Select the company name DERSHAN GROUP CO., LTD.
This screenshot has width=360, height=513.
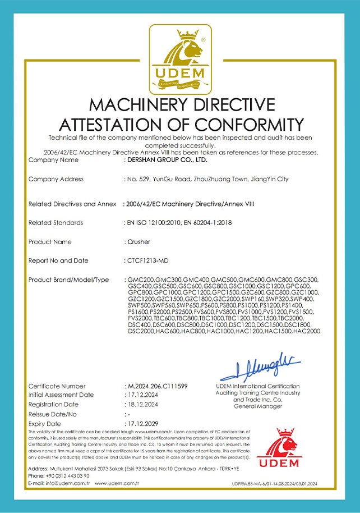(x=167, y=160)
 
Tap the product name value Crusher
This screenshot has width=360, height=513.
(x=138, y=242)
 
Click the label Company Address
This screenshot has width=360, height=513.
(x=56, y=179)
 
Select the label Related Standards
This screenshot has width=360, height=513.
(x=56, y=223)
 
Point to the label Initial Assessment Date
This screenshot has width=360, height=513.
(x=61, y=395)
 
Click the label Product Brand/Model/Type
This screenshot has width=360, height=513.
(x=68, y=280)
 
